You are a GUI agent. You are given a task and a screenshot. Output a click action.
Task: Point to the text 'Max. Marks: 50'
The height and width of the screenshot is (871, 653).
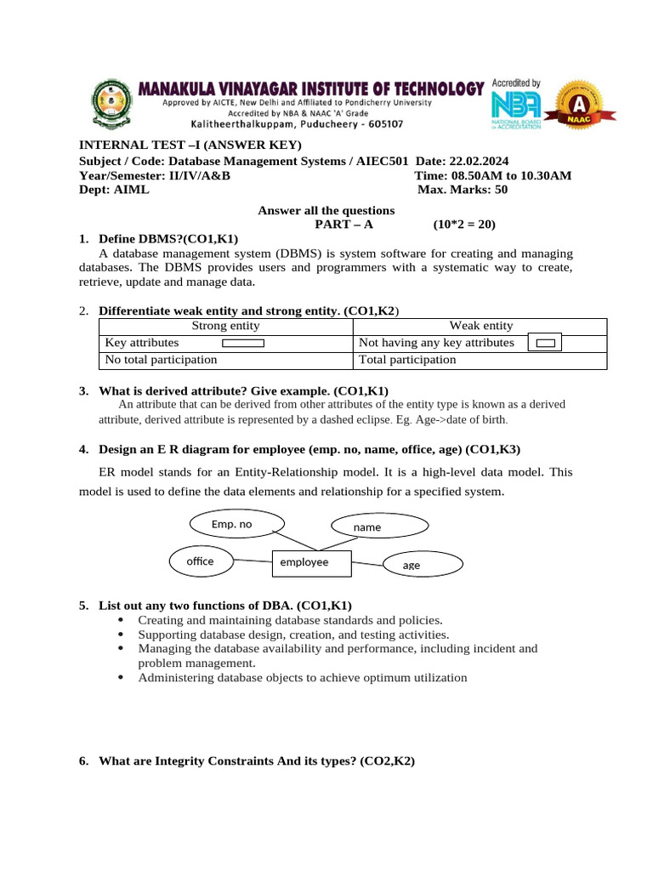pyautogui.click(x=463, y=190)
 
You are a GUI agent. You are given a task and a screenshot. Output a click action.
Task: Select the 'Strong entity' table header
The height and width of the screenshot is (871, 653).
pyautogui.click(x=225, y=326)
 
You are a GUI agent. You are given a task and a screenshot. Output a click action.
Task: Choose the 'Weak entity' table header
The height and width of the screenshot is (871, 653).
pyautogui.click(x=480, y=326)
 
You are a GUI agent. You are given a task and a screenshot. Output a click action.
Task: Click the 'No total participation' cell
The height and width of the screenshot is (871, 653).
pyautogui.click(x=160, y=360)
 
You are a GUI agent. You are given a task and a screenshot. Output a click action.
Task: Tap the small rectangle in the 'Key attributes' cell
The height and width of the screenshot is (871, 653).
pyautogui.click(x=243, y=344)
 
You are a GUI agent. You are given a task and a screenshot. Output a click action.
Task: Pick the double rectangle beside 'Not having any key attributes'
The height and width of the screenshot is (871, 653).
pyautogui.click(x=546, y=343)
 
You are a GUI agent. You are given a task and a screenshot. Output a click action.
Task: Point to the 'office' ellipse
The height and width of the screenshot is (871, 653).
pyautogui.click(x=200, y=561)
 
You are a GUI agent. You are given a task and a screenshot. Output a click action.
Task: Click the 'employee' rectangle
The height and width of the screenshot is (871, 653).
pyautogui.click(x=304, y=562)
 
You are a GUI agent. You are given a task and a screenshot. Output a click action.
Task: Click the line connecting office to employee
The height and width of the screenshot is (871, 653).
pyautogui.click(x=253, y=561)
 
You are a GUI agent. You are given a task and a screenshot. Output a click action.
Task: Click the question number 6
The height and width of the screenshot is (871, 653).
pyautogui.click(x=83, y=761)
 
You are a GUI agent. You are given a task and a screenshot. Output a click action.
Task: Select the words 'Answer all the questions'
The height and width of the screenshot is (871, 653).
pyautogui.click(x=326, y=210)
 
